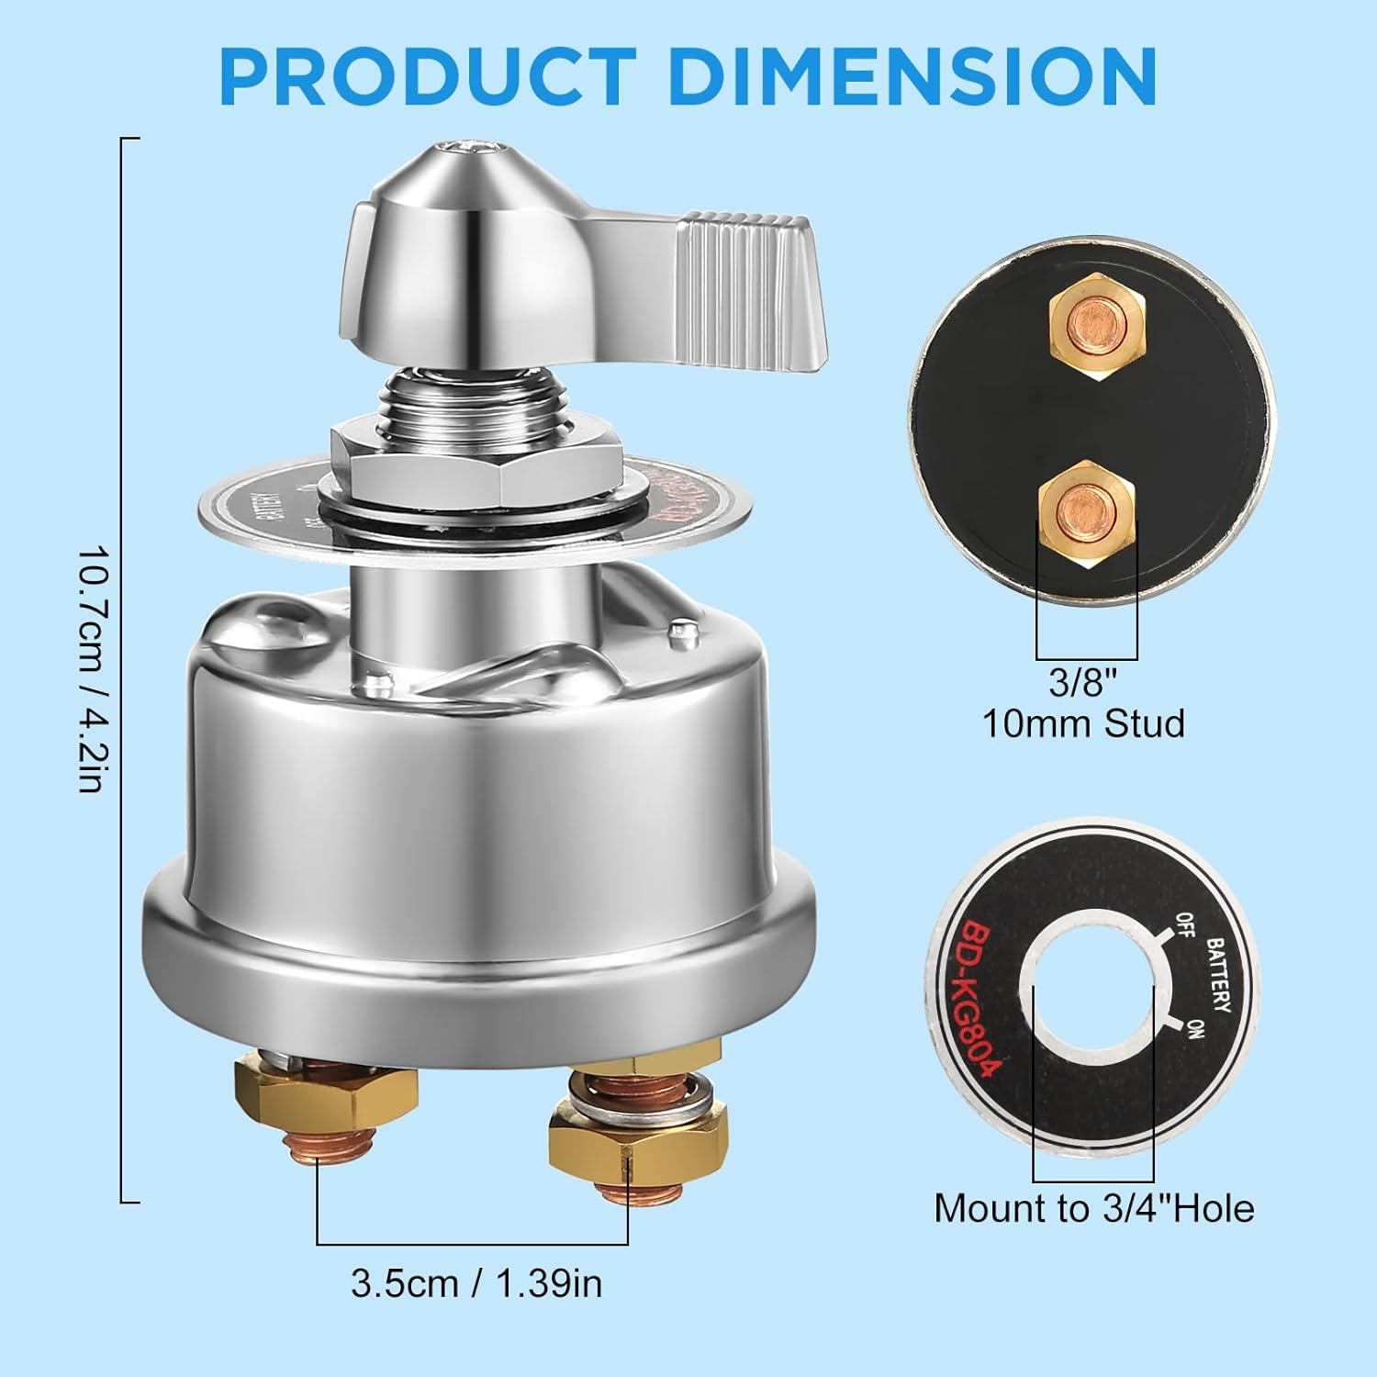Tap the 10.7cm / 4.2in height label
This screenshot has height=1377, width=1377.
tap(93, 670)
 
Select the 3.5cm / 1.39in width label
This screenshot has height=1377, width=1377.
tap(476, 1283)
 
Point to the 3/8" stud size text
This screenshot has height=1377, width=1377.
tap(1083, 683)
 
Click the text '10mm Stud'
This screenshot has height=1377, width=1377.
tap(1083, 724)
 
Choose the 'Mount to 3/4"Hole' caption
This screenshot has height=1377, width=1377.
tap(1093, 1209)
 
